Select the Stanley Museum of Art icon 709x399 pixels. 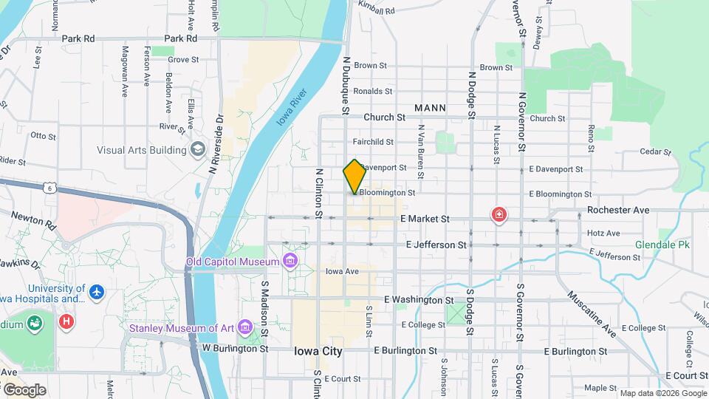coord(245,326)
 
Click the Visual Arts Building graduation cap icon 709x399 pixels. coord(197,150)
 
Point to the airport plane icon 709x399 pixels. coord(96,293)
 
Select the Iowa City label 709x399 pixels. coord(318,351)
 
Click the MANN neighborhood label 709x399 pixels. coord(430,108)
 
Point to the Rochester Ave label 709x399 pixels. coord(618,210)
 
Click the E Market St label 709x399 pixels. coord(424,219)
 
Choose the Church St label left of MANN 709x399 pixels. coord(384,117)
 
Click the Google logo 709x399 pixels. coord(24,389)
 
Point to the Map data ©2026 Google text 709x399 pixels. coord(662,393)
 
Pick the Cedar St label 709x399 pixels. coord(655,152)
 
